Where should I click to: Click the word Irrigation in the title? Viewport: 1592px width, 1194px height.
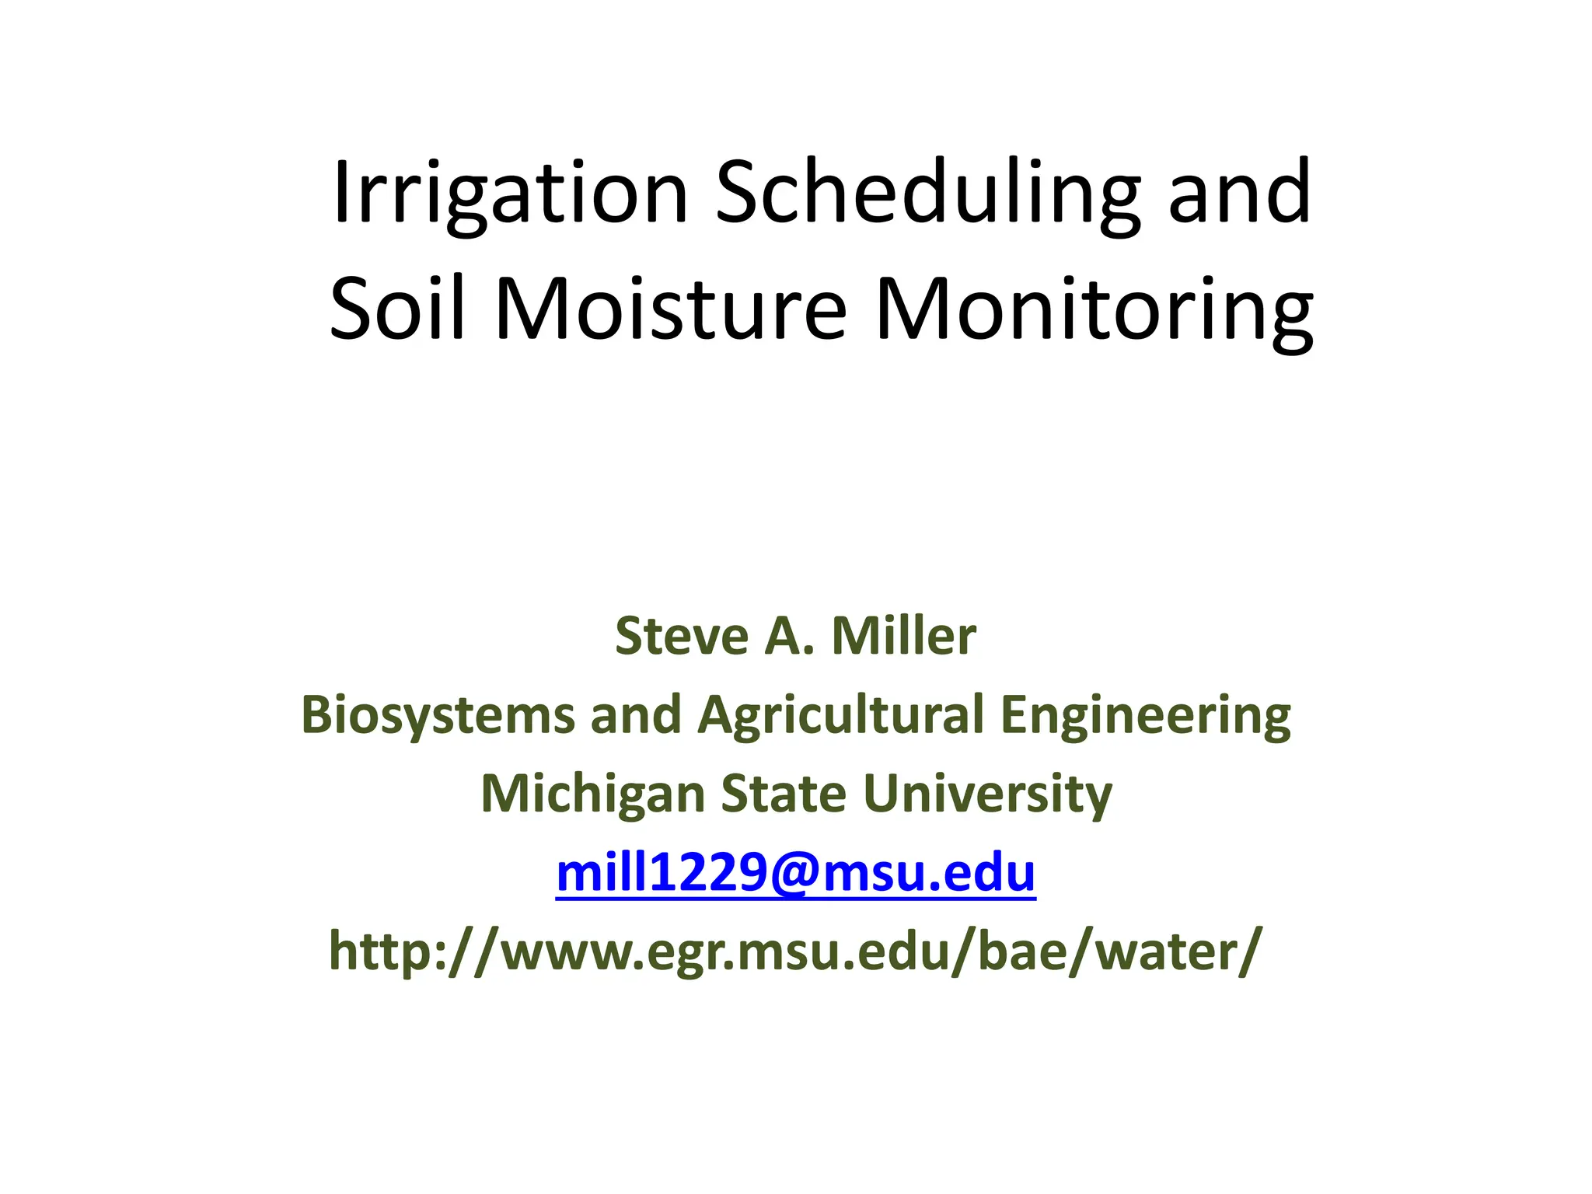click(510, 193)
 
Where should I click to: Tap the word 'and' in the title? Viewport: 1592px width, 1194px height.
click(1239, 193)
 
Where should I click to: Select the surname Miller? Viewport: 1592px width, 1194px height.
click(903, 636)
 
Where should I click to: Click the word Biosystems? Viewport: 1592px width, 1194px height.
click(437, 715)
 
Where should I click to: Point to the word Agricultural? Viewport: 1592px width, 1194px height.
click(841, 715)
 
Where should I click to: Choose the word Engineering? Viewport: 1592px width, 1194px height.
click(1145, 715)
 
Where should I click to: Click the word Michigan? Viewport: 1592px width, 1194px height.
click(592, 794)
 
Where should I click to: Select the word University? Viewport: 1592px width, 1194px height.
click(987, 794)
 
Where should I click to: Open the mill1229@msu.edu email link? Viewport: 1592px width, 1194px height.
click(796, 873)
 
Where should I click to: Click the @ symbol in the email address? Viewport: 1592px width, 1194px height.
click(795, 873)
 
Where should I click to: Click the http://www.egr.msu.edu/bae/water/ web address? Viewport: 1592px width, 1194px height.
click(796, 951)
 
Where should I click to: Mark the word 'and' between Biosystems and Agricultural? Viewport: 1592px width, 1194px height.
click(636, 715)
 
